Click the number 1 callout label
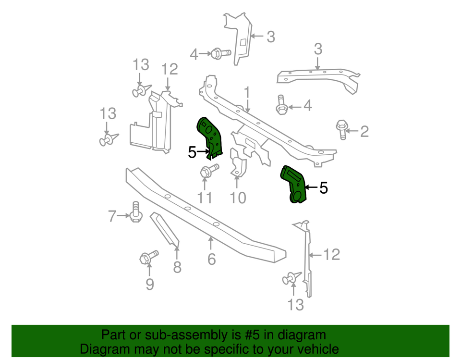(x=247, y=92)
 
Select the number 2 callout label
(x=364, y=131)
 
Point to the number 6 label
(x=212, y=260)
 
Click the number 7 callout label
(x=112, y=217)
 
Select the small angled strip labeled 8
(x=165, y=229)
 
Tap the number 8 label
(x=177, y=267)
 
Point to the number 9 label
(x=150, y=285)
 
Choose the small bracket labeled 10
(x=238, y=164)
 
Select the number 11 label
(x=205, y=198)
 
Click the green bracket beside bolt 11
(x=210, y=137)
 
